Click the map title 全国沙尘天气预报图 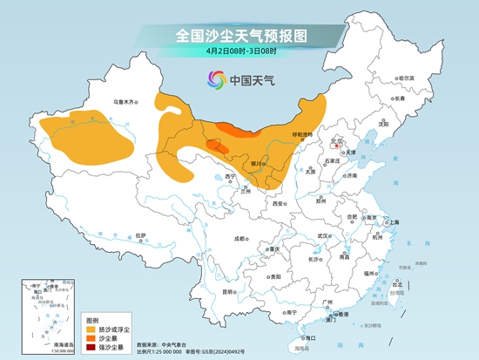pos(239,35)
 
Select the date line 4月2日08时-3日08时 pos(239,51)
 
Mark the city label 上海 pos(394,222)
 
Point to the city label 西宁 pos(230,177)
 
